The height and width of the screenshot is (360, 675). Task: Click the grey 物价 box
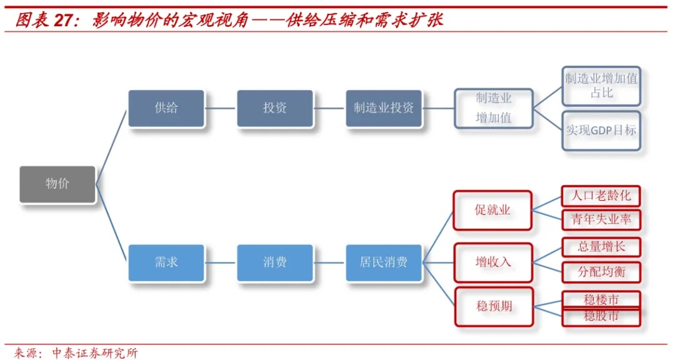(57, 184)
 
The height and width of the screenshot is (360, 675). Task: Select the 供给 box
(166, 108)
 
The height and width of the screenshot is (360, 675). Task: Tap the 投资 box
(274, 108)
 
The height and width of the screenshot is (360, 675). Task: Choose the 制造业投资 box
(384, 108)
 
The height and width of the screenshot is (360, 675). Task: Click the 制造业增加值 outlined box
(493, 108)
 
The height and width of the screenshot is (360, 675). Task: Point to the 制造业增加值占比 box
(601, 86)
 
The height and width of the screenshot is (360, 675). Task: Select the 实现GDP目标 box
(601, 131)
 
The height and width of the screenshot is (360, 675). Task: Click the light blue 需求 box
(166, 262)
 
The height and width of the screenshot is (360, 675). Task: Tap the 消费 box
(274, 262)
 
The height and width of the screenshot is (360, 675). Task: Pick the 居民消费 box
(384, 262)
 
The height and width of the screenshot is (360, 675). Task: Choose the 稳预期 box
(494, 306)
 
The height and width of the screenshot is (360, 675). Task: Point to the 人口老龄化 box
(601, 196)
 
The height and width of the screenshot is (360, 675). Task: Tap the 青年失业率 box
(601, 219)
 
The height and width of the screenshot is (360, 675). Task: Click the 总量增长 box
(601, 247)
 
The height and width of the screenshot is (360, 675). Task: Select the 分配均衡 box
(601, 272)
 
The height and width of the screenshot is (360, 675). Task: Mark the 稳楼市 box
(601, 299)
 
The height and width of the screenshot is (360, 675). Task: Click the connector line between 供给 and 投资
(221, 108)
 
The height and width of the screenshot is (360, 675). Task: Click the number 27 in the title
(64, 21)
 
